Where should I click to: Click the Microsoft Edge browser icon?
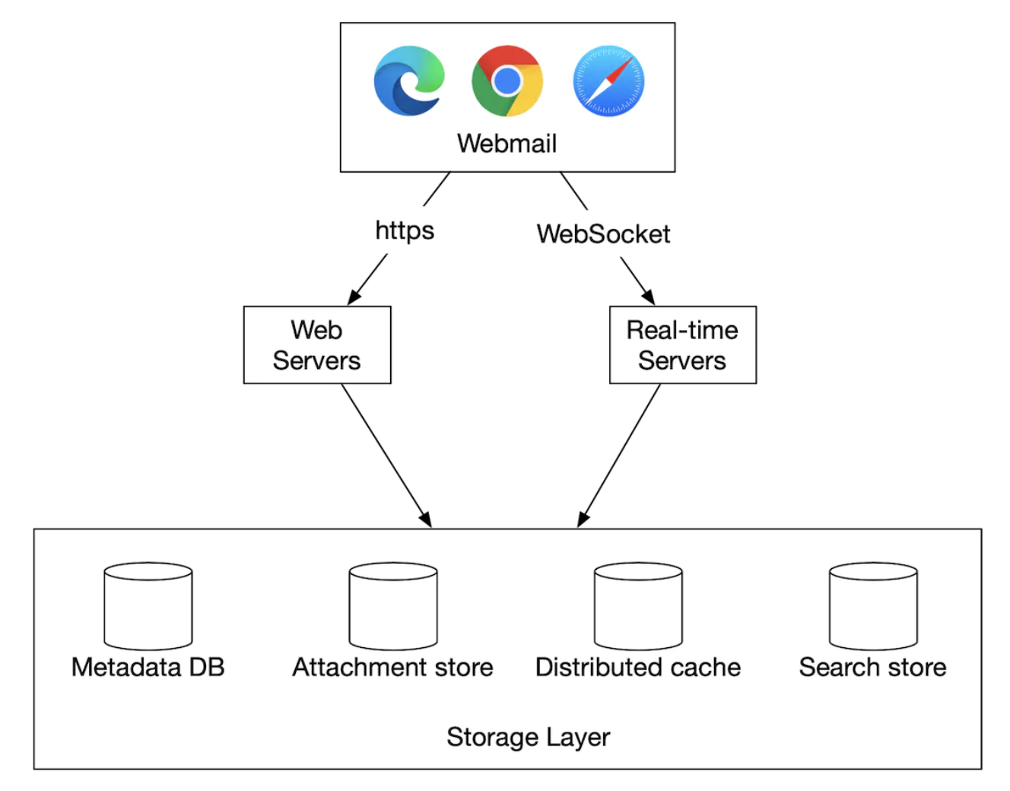coord(409,81)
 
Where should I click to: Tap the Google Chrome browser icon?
coord(507,81)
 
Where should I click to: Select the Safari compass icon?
coord(608,81)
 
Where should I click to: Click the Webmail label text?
coord(507,143)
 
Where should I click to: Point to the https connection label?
coord(405,230)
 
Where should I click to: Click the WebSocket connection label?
coord(603,233)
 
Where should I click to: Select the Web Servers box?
coord(317,345)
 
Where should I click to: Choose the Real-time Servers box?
coord(683,345)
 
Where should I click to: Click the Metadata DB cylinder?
coord(148,606)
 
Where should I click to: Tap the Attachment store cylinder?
coord(393,606)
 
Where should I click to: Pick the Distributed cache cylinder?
coord(638,606)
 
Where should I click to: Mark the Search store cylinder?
coord(873,606)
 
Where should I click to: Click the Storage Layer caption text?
coord(528,736)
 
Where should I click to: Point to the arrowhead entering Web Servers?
coord(353,299)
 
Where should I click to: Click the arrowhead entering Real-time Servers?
coord(649,298)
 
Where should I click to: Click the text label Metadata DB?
coord(148,667)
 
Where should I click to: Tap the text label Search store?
coord(872,667)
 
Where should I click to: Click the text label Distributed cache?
coord(638,667)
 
